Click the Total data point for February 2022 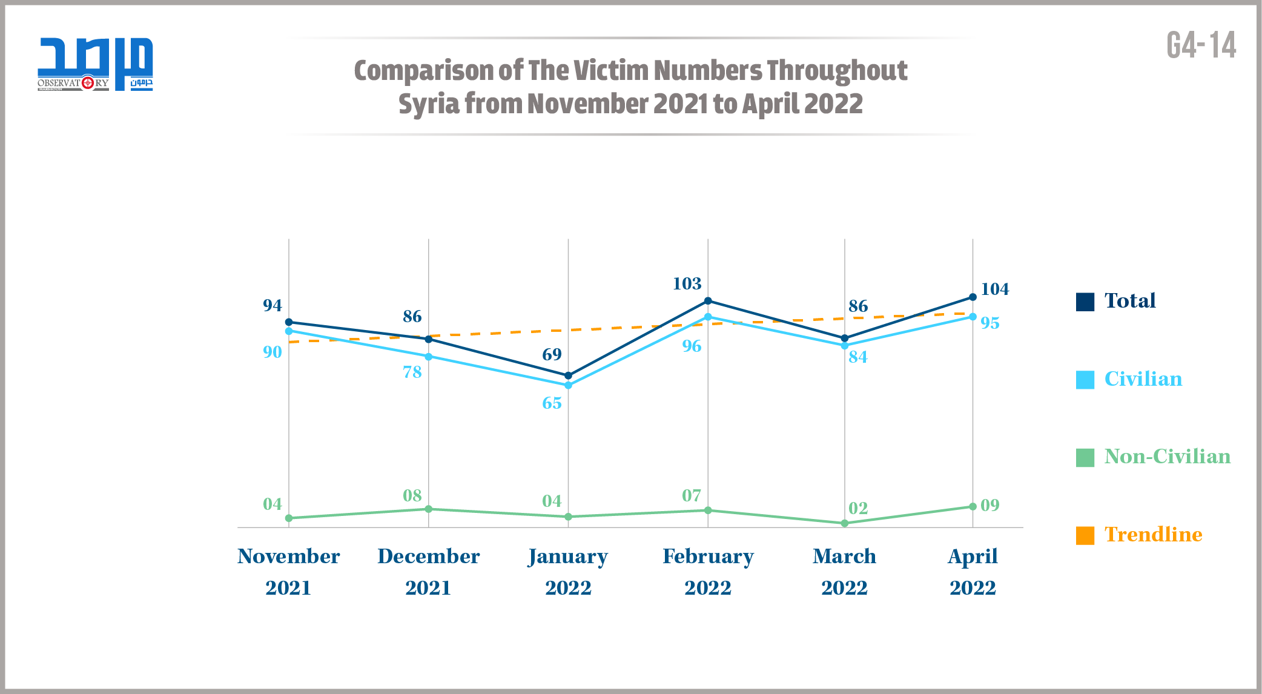[x=708, y=301]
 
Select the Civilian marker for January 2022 [x=568, y=385]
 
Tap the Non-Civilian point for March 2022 [x=845, y=523]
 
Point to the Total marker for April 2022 [x=973, y=297]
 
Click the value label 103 [x=687, y=283]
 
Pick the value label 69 [x=552, y=354]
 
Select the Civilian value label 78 [x=412, y=372]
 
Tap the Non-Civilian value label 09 [x=989, y=505]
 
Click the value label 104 [x=994, y=289]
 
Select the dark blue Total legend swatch [x=1085, y=302]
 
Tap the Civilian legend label [x=1143, y=379]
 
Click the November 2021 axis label [x=288, y=571]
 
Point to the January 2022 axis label [x=568, y=571]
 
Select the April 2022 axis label [x=973, y=571]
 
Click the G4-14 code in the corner [x=1201, y=45]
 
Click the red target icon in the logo [x=88, y=82]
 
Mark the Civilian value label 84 [x=857, y=357]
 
